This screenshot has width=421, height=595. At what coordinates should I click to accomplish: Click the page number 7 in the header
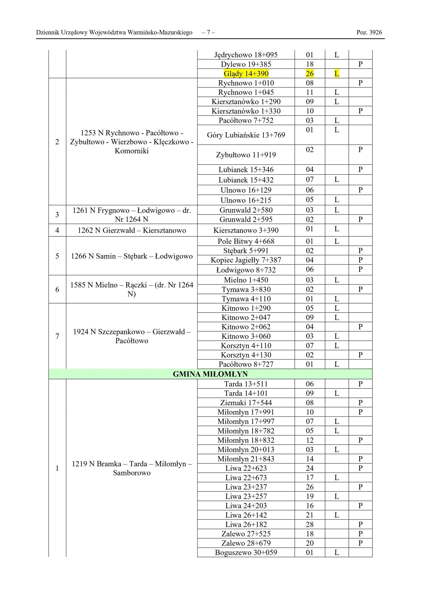coord(208,33)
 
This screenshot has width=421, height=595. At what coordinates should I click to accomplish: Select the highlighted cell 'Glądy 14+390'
coord(246,74)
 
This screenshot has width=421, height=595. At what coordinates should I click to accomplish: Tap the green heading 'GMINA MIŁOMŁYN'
coord(210,374)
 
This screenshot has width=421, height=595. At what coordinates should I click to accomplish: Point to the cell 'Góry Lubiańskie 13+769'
coord(246,135)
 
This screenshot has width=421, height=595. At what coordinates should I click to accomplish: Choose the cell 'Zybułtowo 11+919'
coord(246,155)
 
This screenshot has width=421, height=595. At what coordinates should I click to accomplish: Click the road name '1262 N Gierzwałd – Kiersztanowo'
coord(132,230)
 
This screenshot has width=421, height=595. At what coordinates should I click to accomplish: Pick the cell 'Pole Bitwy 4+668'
coord(246,241)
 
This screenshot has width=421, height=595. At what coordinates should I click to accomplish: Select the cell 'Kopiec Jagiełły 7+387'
coord(246,260)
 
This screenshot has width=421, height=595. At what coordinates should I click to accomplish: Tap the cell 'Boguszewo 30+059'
coord(246,552)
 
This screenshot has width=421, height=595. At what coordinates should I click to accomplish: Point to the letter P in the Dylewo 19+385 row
coord(360,64)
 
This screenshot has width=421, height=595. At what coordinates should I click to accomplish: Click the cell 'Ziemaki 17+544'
coord(246,403)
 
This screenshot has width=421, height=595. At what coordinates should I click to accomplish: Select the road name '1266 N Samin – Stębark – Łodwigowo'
coord(132,256)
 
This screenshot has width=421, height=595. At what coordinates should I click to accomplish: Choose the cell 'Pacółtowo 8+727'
coord(246,364)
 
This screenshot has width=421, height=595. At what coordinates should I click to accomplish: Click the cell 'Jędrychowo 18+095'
coord(246,55)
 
